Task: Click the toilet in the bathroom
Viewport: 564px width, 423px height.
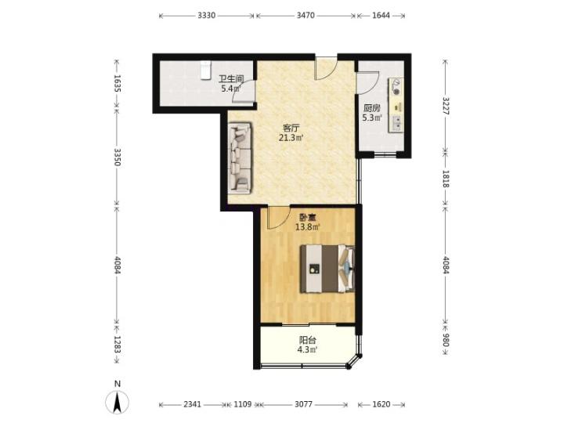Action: coord(205,70)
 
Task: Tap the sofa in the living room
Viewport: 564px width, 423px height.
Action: coord(239,158)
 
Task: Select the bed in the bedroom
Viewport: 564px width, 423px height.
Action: coord(327,269)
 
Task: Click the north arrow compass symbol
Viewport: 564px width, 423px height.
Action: coord(117,402)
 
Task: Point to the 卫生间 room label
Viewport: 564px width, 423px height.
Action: coord(232,79)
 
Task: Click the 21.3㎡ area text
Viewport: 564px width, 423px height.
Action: coord(291,137)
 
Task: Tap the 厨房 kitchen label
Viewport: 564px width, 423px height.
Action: coord(372,108)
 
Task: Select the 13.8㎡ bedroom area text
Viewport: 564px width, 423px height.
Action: coord(308,227)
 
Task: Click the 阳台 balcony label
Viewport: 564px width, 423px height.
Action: coord(308,340)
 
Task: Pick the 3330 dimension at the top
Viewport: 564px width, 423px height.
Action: coord(207,16)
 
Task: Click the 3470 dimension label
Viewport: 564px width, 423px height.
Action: coord(305,16)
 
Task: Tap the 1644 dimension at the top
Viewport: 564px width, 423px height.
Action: coord(381,16)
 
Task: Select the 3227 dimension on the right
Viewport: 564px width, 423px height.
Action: coord(446,106)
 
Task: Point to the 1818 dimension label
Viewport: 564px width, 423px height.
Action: coord(446,179)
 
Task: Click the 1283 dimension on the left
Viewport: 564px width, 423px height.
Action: coord(117,345)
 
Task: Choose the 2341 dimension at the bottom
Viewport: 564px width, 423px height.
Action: coord(193,404)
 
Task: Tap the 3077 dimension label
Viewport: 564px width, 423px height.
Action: coord(304,404)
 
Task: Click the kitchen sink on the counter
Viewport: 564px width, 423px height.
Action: coord(397,123)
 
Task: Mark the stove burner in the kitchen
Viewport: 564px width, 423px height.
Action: coord(396,92)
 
